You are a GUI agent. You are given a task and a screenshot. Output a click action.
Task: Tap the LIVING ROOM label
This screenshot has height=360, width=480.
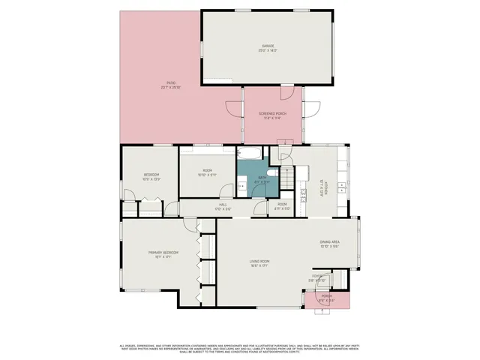[x=259, y=261]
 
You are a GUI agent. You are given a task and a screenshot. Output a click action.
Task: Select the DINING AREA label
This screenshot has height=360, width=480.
[x=330, y=242]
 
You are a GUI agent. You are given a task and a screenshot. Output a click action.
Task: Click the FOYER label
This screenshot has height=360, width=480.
[x=318, y=277]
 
